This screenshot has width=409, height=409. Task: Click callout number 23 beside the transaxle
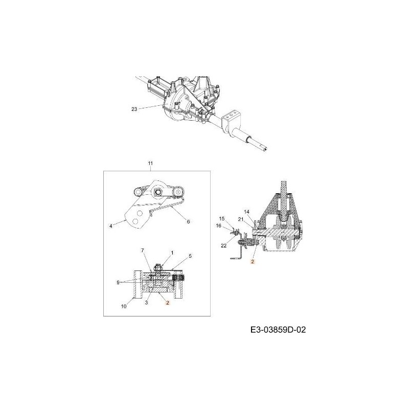coord(134,109)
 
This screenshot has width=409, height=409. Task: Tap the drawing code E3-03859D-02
coord(278,330)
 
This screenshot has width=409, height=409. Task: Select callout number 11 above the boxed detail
coord(150,164)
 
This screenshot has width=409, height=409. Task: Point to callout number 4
coord(111,226)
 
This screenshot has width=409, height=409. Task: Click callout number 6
coord(188,222)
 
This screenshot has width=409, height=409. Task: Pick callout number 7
coord(143,251)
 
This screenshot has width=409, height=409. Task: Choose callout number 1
coord(172,253)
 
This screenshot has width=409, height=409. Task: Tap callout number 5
coord(190,256)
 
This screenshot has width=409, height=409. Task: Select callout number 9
coord(118,282)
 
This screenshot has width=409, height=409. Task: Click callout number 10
coord(124,306)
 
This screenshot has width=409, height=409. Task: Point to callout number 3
coord(146,303)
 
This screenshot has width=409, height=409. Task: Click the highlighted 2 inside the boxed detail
coord(168,303)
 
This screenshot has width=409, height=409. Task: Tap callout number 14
coord(246,212)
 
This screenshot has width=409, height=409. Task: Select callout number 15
coord(222,218)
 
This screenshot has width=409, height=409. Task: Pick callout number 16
coord(219,225)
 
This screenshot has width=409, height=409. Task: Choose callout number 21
coord(240,219)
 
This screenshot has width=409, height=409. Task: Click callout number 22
coord(223,246)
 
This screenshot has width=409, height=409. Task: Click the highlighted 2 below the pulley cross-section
coord(253,262)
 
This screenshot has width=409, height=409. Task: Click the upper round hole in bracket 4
coord(139,213)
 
